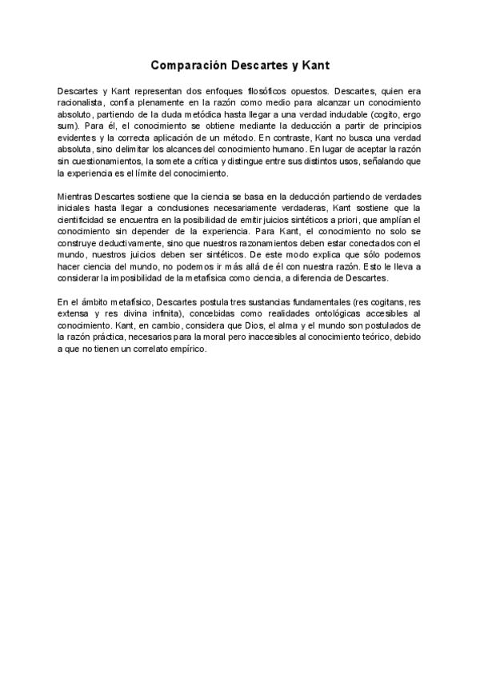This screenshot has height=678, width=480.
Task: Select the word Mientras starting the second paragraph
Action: click(x=77, y=197)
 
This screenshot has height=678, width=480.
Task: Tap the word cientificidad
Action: click(x=86, y=220)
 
